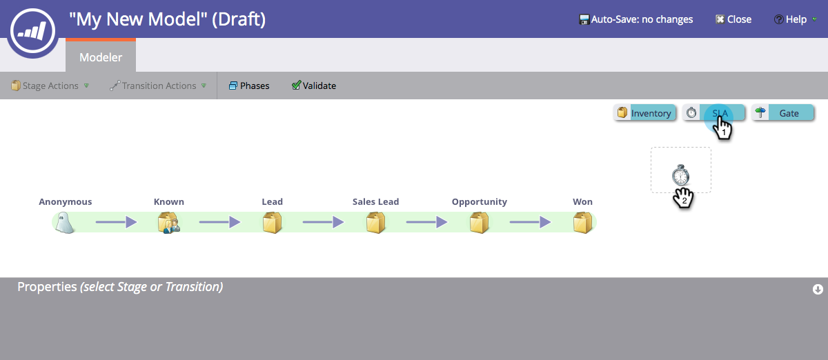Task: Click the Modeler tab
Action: pos(101,57)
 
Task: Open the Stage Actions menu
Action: pos(50,86)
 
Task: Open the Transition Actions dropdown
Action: pos(159,86)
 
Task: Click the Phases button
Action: pos(249,86)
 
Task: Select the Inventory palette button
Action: pos(644,113)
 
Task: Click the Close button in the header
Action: pos(733,19)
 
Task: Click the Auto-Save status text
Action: pos(635,19)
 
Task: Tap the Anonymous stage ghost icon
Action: pos(65,223)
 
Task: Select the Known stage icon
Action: pos(168,223)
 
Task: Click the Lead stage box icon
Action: pos(272,223)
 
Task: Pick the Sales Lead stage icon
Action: pos(375,223)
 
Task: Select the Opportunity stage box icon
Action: pos(479,223)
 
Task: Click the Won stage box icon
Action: pos(582,223)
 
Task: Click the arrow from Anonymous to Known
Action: pos(116,222)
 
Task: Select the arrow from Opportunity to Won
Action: pos(530,222)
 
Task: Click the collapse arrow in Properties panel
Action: pos(818,290)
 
